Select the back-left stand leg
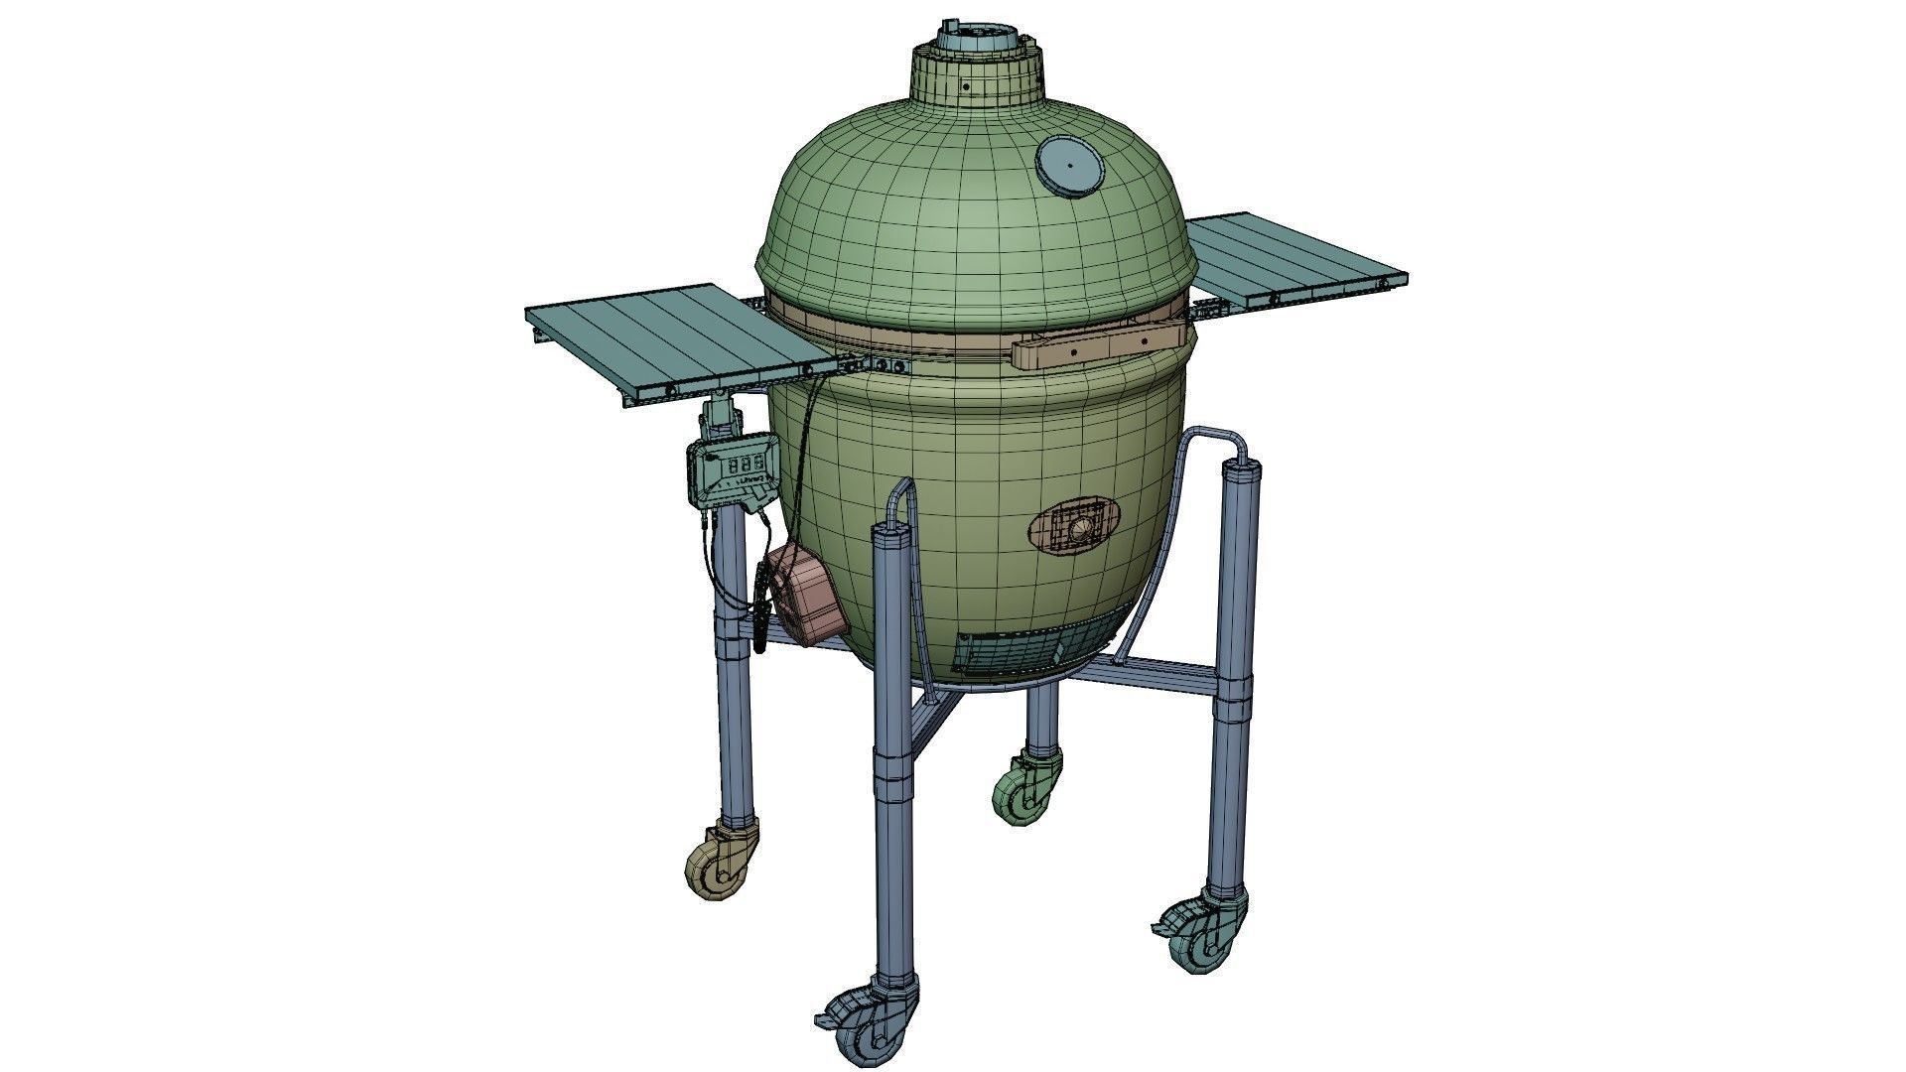coord(733,695)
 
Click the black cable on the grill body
coord(798,467)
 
